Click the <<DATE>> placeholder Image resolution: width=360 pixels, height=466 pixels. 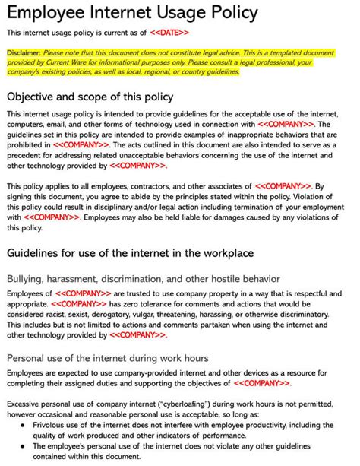pos(169,33)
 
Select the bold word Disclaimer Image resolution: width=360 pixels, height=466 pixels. pos(24,53)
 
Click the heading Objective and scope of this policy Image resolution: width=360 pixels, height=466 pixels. pos(90,97)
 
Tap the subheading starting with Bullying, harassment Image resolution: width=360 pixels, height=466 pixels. pos(133,279)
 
